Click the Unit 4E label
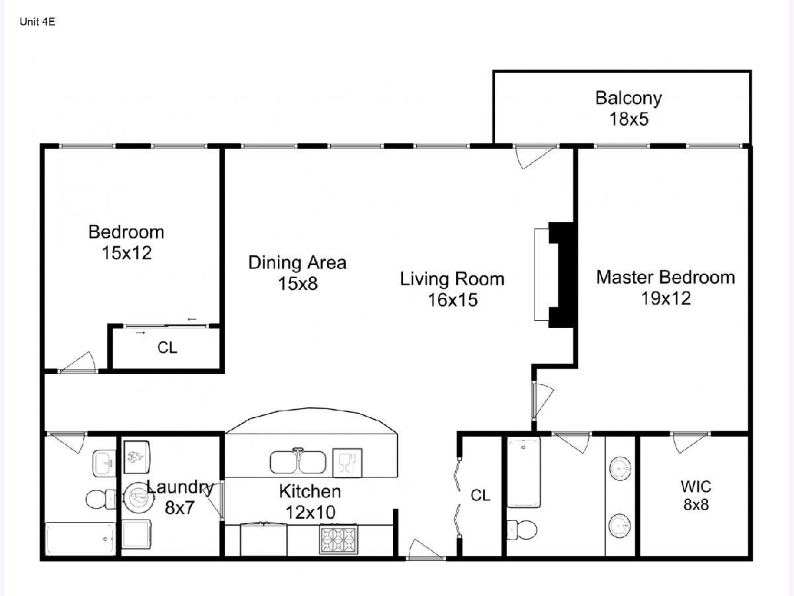point(37,22)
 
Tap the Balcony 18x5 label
point(629,109)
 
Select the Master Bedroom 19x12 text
point(666,287)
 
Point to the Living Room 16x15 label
point(452,289)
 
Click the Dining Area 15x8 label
point(297,273)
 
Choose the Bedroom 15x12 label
point(126,242)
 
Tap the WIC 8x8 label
point(696,495)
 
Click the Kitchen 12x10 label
point(310,501)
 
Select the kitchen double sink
point(298,461)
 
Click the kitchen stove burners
point(339,539)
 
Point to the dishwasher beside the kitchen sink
point(347,463)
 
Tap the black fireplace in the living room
point(561,275)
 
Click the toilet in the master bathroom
point(521,530)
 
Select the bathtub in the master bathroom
point(524,473)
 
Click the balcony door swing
point(535,157)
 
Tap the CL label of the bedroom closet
point(167,348)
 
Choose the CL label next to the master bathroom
point(480,495)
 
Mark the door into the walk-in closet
point(690,442)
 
